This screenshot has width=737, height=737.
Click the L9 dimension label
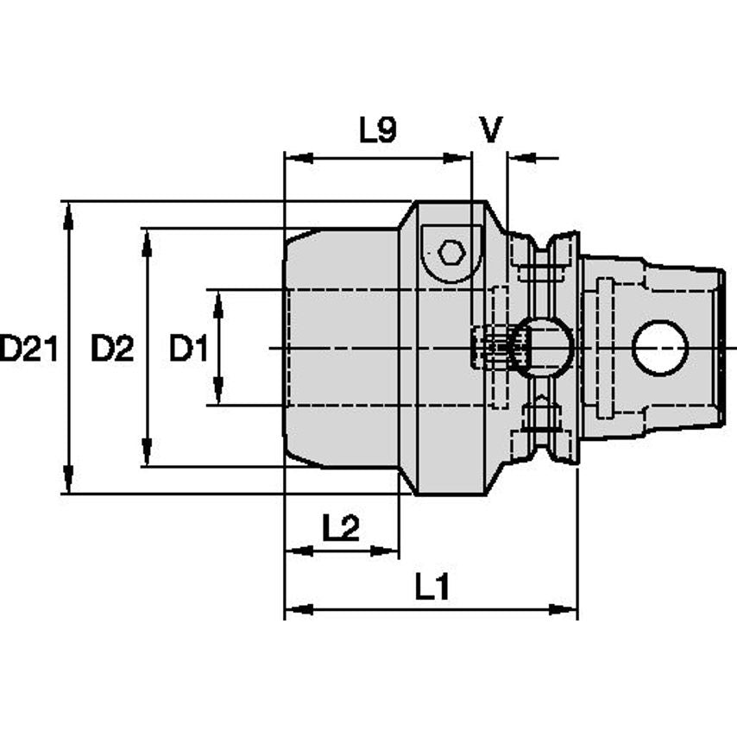378,129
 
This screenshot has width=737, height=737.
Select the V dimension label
491,129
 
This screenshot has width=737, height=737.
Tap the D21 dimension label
28,349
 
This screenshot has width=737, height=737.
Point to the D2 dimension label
112,349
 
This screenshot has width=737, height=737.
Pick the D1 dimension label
188,349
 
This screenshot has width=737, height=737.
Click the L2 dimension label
341,527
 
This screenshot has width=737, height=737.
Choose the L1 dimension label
432,587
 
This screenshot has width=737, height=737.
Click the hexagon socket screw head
451,253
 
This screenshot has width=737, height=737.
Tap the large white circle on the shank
660,348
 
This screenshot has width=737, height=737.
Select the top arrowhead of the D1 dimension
218,305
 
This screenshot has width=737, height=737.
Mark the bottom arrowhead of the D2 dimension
147,451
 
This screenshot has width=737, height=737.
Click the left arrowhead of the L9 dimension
299,158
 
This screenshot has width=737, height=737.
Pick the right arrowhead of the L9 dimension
457,158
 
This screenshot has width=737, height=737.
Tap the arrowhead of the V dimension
523,158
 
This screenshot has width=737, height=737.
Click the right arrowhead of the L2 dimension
385,551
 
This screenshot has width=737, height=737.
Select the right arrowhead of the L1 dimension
563,610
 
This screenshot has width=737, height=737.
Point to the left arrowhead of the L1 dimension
299,610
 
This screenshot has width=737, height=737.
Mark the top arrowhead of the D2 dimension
147,243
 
